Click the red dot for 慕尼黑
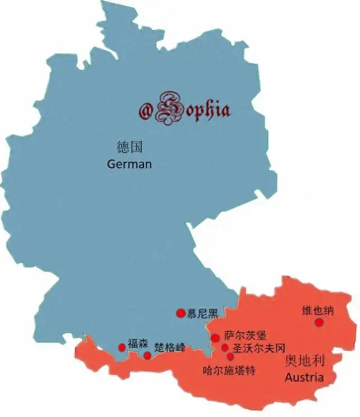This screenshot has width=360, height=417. (x=181, y=313)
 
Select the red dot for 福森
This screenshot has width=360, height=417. (x=121, y=347)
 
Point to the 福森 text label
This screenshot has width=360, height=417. (x=138, y=343)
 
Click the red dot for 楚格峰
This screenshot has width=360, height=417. (x=147, y=355)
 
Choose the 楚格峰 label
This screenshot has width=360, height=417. (x=169, y=347)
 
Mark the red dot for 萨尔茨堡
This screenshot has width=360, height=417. (x=215, y=338)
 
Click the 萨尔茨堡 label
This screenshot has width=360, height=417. (x=241, y=336)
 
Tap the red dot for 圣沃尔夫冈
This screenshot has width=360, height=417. (x=224, y=348)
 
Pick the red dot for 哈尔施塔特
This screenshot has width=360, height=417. (x=230, y=356)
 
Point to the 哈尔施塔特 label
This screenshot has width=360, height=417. (x=229, y=370)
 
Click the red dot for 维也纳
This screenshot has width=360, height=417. (x=319, y=322)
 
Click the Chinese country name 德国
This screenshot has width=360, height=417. (x=130, y=148)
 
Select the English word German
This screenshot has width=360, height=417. (x=129, y=164)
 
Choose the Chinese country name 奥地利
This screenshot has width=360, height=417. (x=305, y=360)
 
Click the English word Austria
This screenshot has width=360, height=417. (x=304, y=377)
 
